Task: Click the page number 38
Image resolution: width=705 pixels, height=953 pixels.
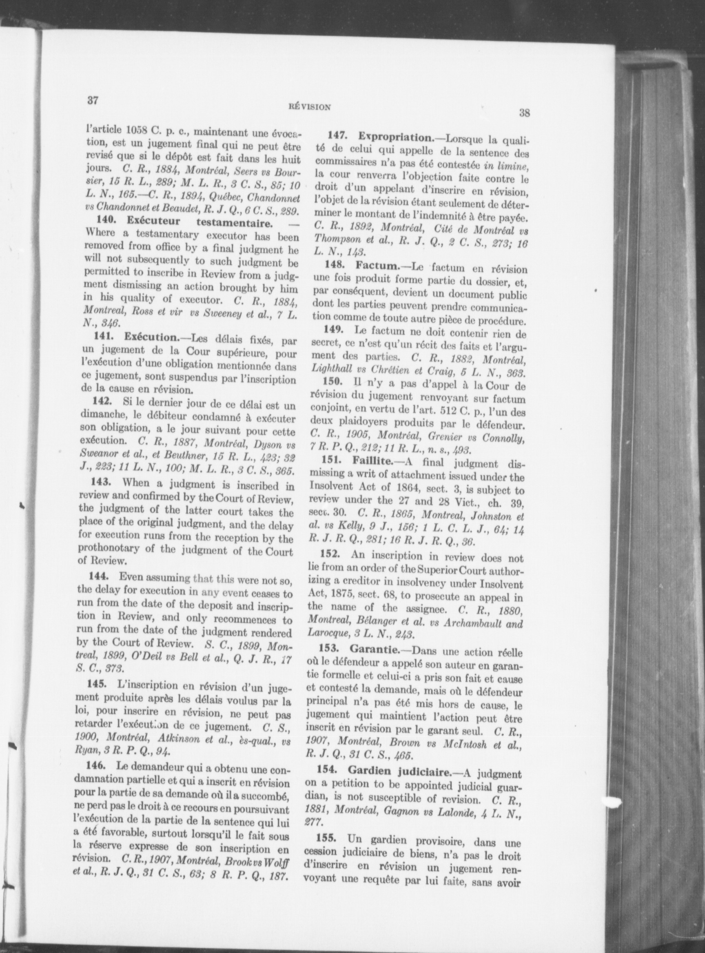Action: click(525, 113)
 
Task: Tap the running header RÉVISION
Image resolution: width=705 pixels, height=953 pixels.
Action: click(309, 107)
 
